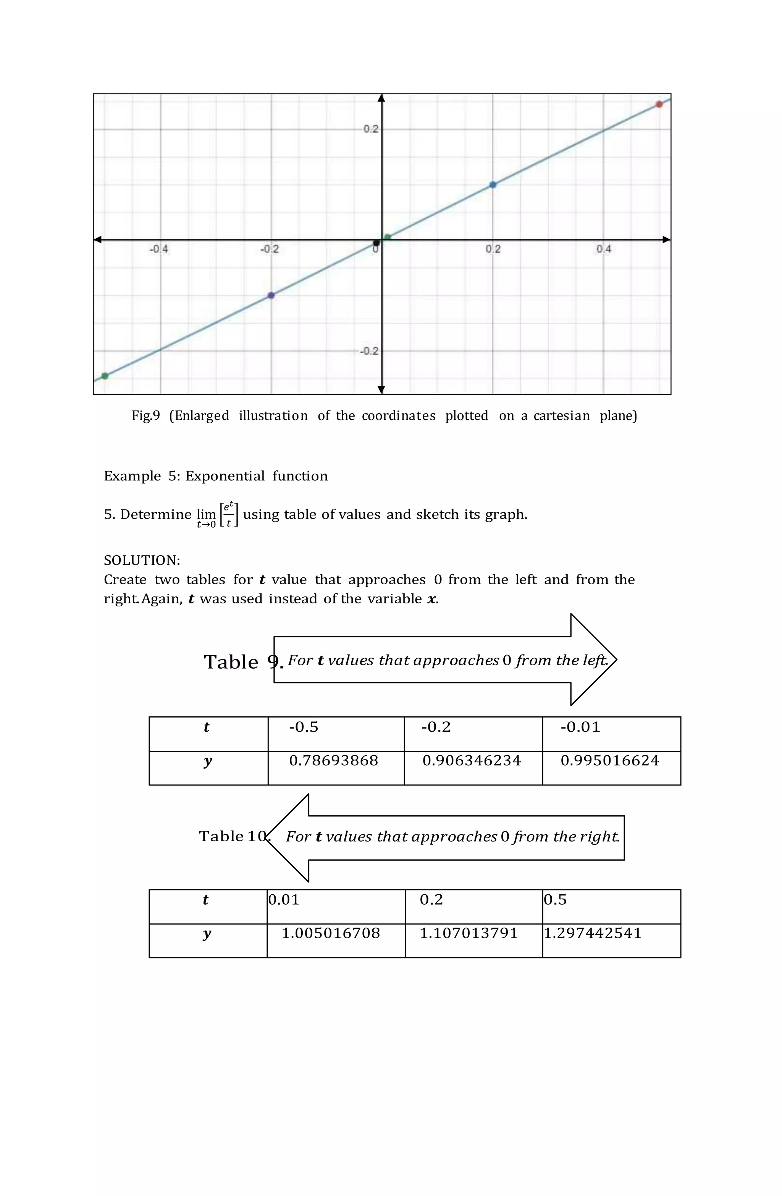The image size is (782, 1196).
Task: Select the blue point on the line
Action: click(x=493, y=185)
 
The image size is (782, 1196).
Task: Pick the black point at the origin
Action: click(x=376, y=243)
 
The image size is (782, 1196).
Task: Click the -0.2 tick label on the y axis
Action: click(x=369, y=351)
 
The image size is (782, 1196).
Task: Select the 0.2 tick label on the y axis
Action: click(x=371, y=129)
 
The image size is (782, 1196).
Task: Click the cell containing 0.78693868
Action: click(x=336, y=768)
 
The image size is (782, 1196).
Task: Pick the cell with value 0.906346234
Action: click(x=473, y=768)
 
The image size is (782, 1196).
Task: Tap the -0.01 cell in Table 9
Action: click(x=611, y=734)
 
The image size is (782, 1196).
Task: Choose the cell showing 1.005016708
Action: click(x=336, y=940)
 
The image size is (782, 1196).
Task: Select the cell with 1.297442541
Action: click(x=611, y=940)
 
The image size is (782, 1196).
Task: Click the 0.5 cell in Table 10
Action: click(x=611, y=906)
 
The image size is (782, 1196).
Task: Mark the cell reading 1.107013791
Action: click(x=473, y=940)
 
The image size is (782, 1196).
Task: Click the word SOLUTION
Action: click(x=141, y=560)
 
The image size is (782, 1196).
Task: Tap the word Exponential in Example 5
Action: click(x=225, y=476)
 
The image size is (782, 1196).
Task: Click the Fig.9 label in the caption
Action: click(x=146, y=415)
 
